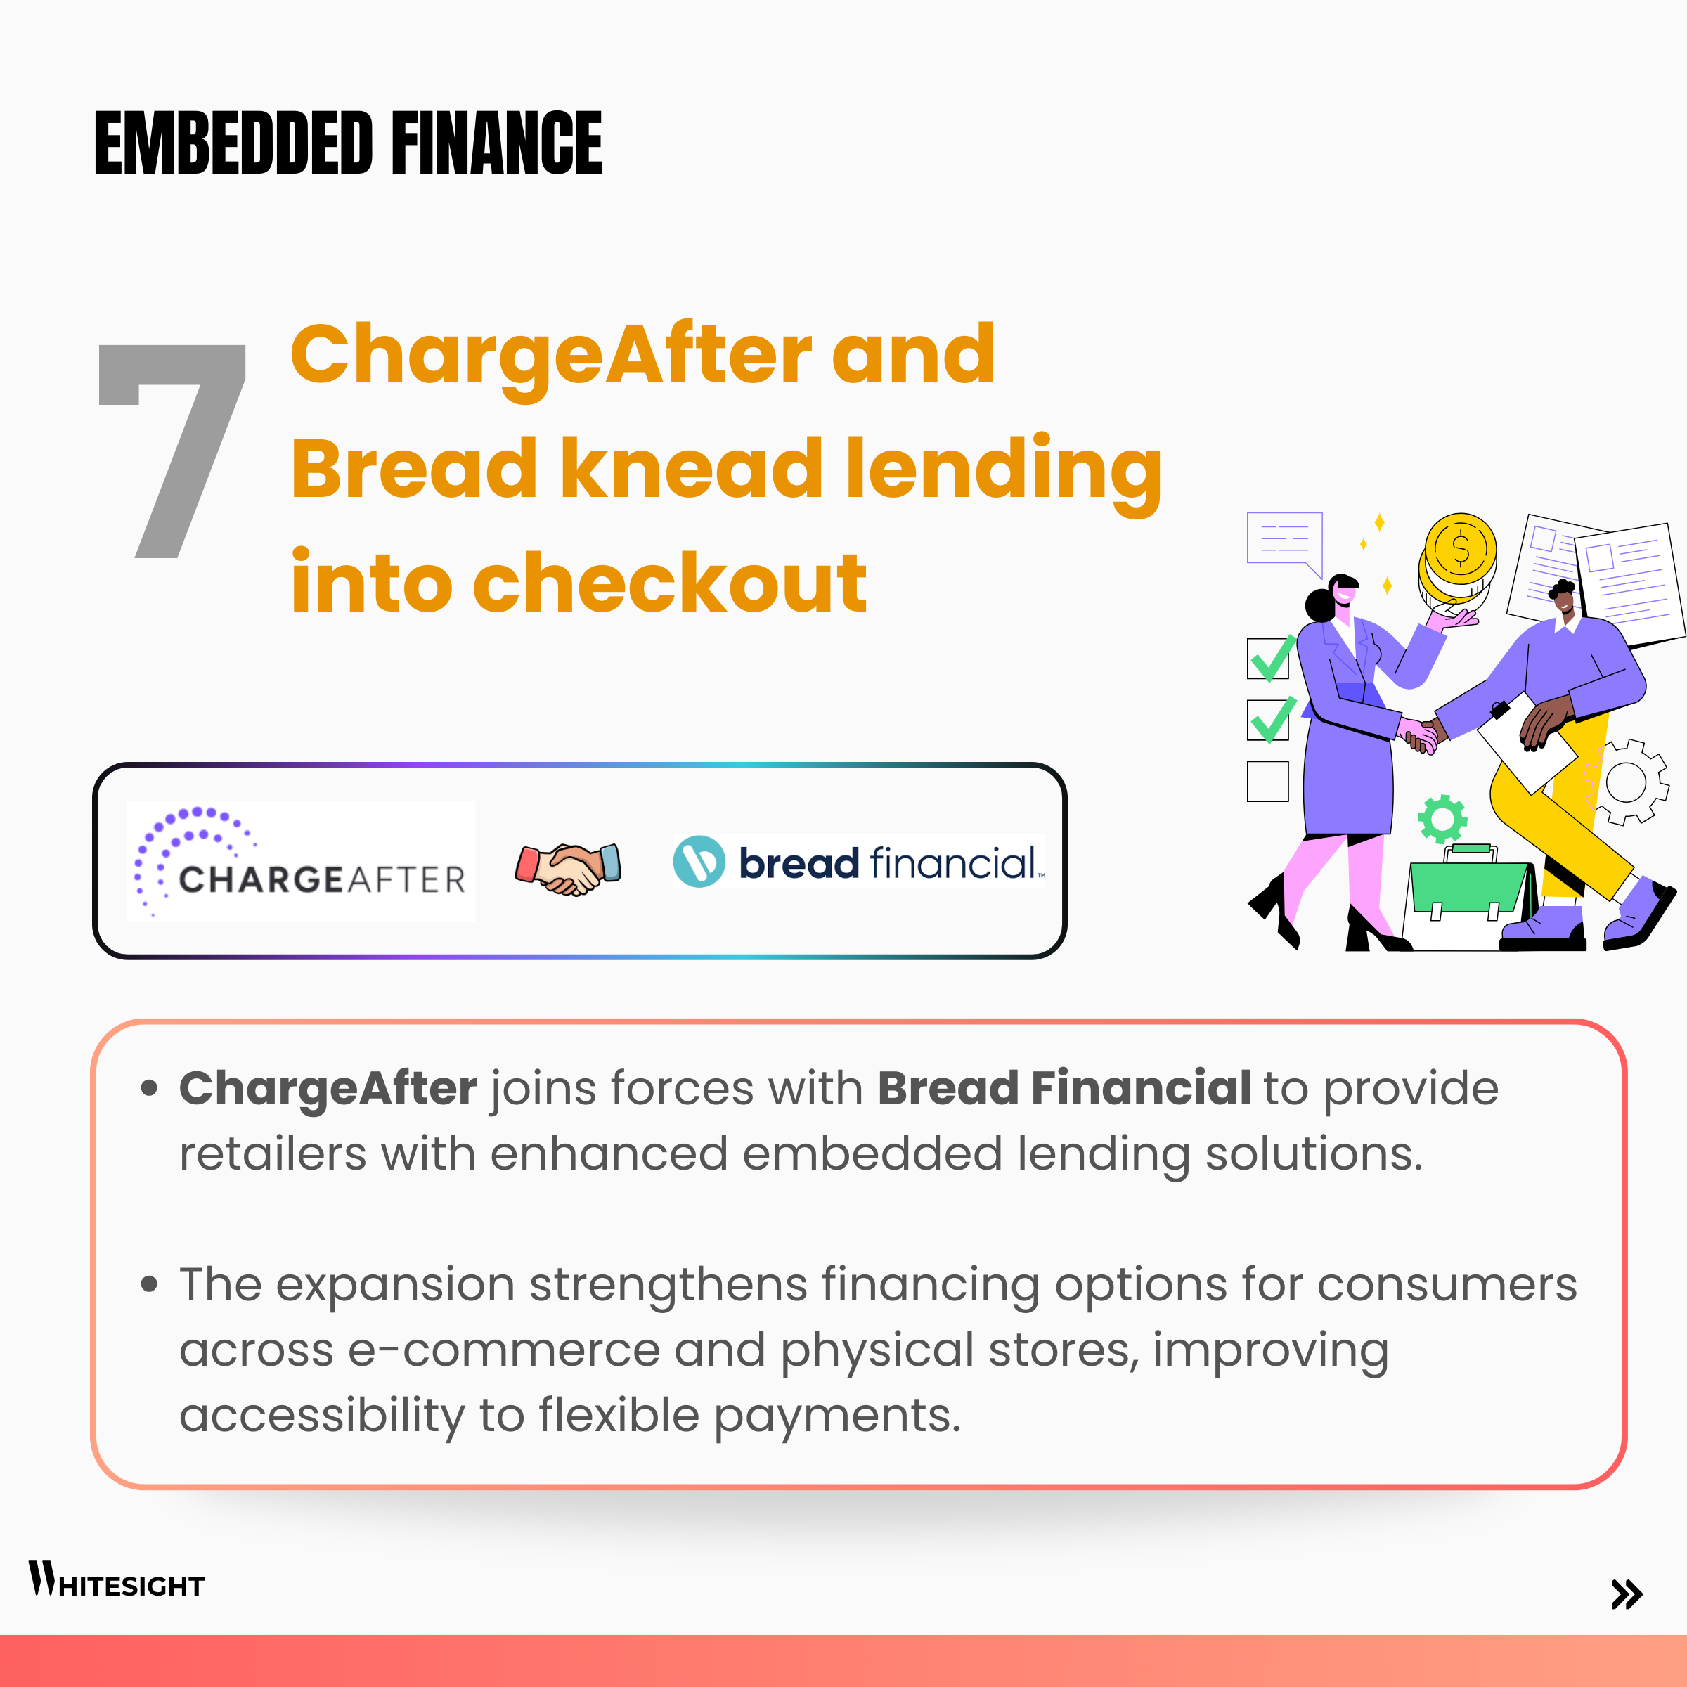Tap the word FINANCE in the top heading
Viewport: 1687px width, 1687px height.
497,142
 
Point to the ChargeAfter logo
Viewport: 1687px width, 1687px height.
300,861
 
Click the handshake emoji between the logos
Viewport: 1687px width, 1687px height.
569,868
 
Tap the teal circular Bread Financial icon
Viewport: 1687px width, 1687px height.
699,861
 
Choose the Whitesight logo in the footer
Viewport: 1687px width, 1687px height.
116,1579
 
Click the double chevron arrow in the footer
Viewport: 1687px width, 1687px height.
1627,1594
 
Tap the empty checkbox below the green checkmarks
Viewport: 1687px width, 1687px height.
1268,782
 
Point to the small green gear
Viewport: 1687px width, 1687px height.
1442,819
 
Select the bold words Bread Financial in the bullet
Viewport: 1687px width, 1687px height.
1064,1088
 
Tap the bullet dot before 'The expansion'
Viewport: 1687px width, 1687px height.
149,1284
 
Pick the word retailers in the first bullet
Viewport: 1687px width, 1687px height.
273,1153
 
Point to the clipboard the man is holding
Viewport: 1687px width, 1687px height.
1526,742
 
